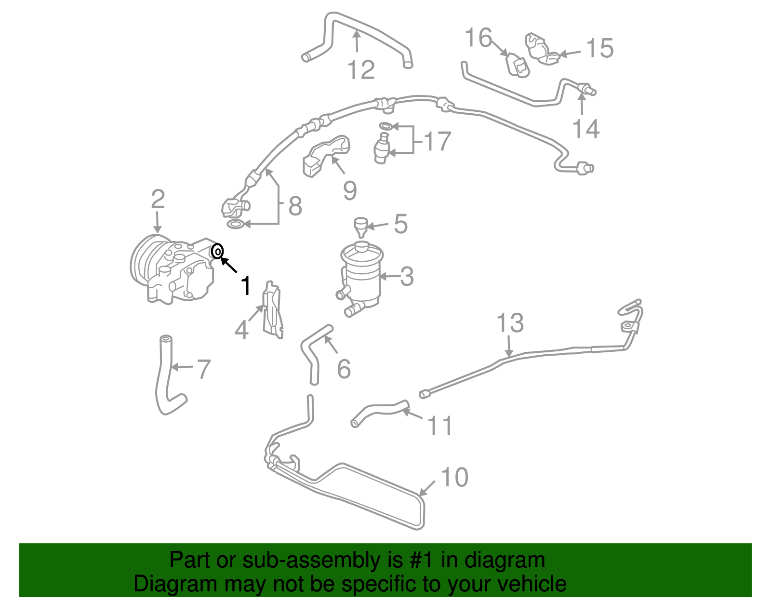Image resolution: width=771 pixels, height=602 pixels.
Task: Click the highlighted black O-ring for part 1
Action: click(x=217, y=251)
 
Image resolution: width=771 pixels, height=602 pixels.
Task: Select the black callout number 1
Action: click(x=246, y=285)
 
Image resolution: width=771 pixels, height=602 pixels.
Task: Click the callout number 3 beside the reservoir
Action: click(x=407, y=277)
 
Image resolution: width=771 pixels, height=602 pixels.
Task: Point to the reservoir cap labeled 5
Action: click(x=360, y=224)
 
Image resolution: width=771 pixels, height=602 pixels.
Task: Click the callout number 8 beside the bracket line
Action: click(x=295, y=206)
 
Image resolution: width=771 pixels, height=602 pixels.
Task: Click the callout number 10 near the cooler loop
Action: click(x=454, y=477)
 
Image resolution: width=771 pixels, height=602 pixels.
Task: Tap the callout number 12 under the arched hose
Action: click(x=361, y=70)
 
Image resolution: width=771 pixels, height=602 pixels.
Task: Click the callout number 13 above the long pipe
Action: click(x=510, y=323)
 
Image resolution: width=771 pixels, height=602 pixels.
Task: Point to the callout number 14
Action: click(x=586, y=129)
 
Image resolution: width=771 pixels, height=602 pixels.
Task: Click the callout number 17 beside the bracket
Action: click(x=438, y=141)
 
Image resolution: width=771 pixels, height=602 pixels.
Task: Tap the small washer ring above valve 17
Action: click(x=385, y=126)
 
